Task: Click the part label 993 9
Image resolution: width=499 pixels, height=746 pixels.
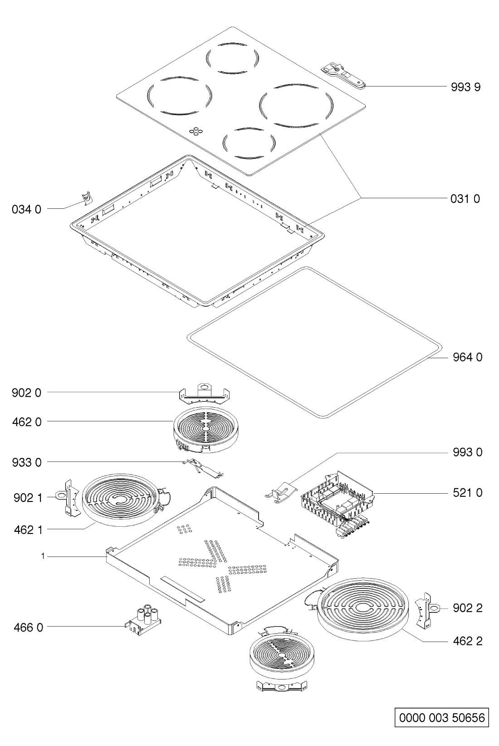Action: click(x=465, y=87)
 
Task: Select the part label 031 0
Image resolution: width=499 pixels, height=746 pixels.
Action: click(x=465, y=199)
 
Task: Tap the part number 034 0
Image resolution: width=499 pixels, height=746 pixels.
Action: click(x=27, y=209)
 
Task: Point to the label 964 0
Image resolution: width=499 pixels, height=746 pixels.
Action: click(x=467, y=357)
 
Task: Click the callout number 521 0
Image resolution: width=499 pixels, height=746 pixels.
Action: click(x=467, y=492)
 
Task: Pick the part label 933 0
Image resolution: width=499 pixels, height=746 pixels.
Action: click(x=27, y=462)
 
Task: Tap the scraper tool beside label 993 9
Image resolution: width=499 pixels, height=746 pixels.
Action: click(x=343, y=77)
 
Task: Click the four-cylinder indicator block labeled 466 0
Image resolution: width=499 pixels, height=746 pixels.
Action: click(x=143, y=620)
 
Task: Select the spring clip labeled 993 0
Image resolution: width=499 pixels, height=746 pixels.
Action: click(x=281, y=492)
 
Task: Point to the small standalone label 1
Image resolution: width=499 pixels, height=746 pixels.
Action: click(x=43, y=556)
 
